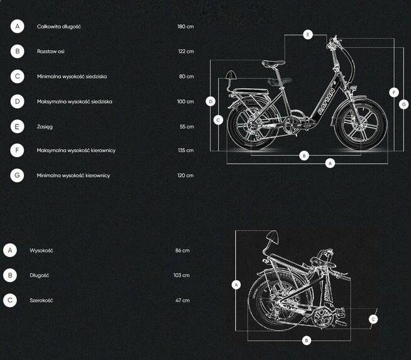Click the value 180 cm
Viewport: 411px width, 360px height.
[185, 26]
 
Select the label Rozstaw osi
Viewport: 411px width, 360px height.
[50, 52]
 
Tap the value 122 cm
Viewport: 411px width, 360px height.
[186, 52]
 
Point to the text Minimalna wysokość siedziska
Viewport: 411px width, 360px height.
[72, 77]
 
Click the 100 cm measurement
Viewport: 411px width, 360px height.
[185, 102]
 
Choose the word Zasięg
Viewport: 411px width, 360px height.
[45, 127]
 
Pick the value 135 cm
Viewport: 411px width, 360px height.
[185, 150]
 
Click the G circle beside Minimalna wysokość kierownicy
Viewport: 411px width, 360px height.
[17, 175]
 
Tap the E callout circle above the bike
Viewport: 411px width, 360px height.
[308, 35]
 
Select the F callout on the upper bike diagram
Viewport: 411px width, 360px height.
[393, 92]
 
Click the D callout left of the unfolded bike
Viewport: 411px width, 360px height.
[211, 101]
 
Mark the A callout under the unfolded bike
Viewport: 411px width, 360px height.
[330, 163]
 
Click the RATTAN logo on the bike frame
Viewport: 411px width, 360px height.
[327, 101]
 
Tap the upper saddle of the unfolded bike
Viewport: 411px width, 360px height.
[273, 63]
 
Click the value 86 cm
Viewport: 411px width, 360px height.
[182, 251]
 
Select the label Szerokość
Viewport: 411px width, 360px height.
[41, 300]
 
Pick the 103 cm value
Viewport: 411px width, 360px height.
[182, 275]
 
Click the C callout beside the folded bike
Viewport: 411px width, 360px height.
[373, 319]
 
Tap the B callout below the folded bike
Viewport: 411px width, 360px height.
[307, 341]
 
